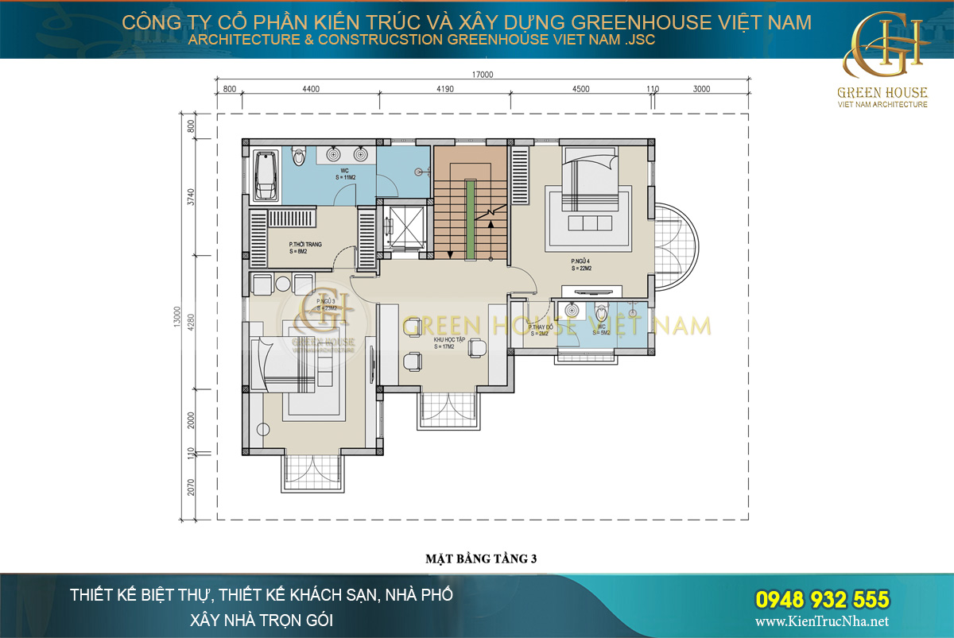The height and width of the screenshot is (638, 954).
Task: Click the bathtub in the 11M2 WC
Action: click(x=265, y=175)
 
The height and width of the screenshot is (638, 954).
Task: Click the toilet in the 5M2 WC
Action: click(x=602, y=311)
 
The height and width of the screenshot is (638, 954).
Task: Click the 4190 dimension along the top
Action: click(x=444, y=89)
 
